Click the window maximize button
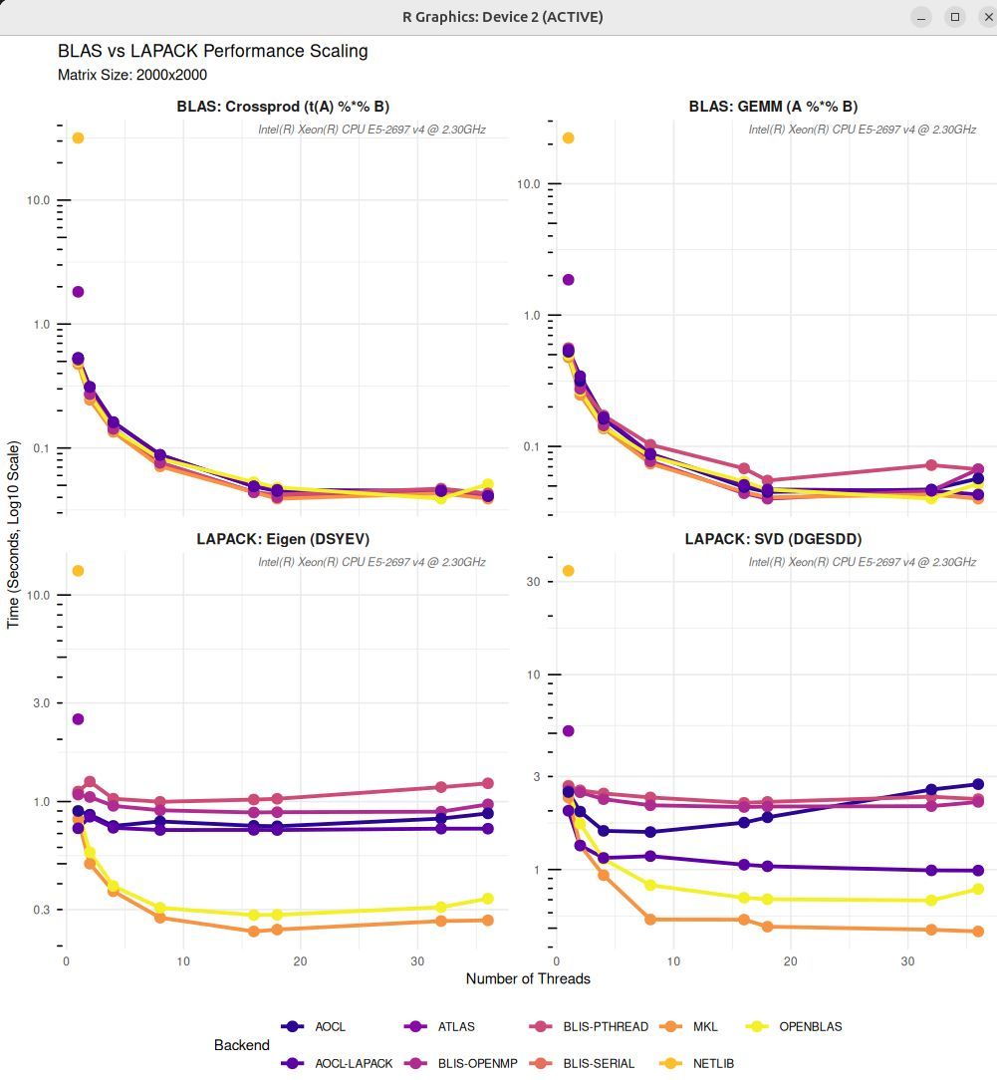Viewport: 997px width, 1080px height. click(x=954, y=17)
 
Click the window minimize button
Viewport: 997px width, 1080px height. click(x=923, y=17)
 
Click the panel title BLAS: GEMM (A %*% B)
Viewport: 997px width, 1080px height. click(x=773, y=107)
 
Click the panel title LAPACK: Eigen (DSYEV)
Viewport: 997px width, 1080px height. click(x=283, y=539)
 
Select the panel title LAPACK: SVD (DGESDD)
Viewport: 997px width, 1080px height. click(x=773, y=539)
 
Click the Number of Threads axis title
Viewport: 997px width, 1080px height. click(x=528, y=978)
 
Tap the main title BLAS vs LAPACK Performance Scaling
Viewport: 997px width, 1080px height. click(x=213, y=51)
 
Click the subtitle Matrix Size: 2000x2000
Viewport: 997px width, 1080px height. click(x=132, y=75)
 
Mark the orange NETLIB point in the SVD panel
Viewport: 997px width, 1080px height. click(x=569, y=571)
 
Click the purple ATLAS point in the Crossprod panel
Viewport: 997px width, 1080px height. click(x=78, y=292)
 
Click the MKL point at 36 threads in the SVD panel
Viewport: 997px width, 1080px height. click(x=978, y=932)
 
